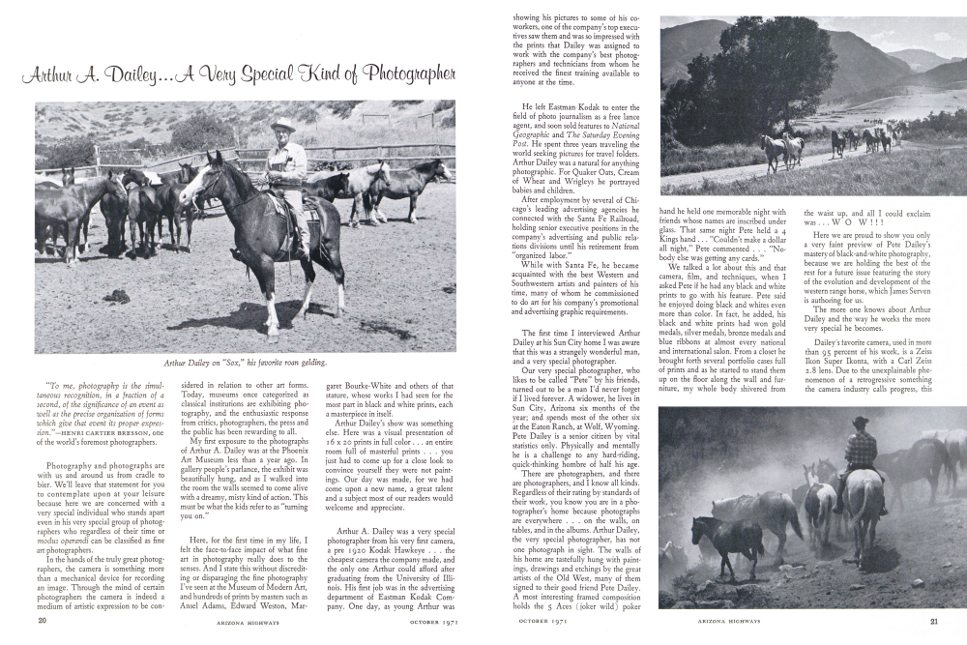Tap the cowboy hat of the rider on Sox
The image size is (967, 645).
click(284, 124)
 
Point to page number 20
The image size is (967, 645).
click(44, 621)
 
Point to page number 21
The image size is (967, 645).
click(933, 621)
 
